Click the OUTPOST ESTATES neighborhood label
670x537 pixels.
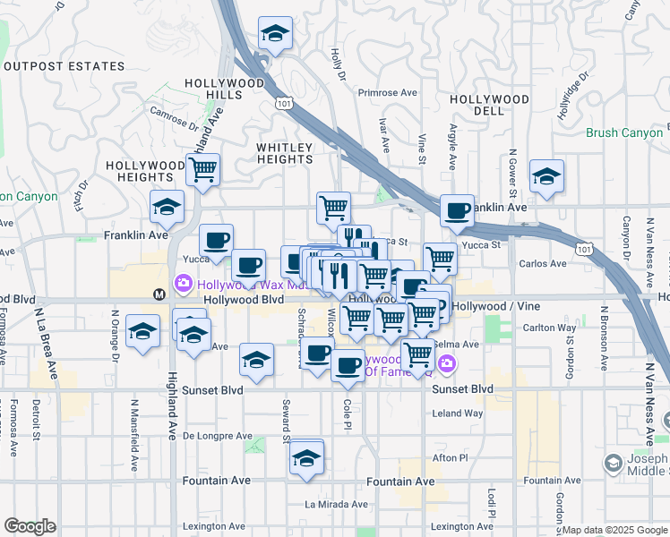[x=64, y=66]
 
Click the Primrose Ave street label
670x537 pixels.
[x=388, y=92]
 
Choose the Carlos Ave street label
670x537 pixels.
[x=543, y=264]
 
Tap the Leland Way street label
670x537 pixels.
[x=458, y=413]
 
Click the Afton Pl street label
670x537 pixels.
[x=451, y=457]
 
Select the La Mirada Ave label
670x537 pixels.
[x=336, y=504]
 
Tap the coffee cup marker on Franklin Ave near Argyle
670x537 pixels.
[x=458, y=211]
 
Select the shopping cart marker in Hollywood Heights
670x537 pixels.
[x=203, y=168]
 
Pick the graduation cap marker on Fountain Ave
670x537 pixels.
[x=306, y=457]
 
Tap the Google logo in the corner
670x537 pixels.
[x=30, y=526]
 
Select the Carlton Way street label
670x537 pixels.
[x=548, y=328]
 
